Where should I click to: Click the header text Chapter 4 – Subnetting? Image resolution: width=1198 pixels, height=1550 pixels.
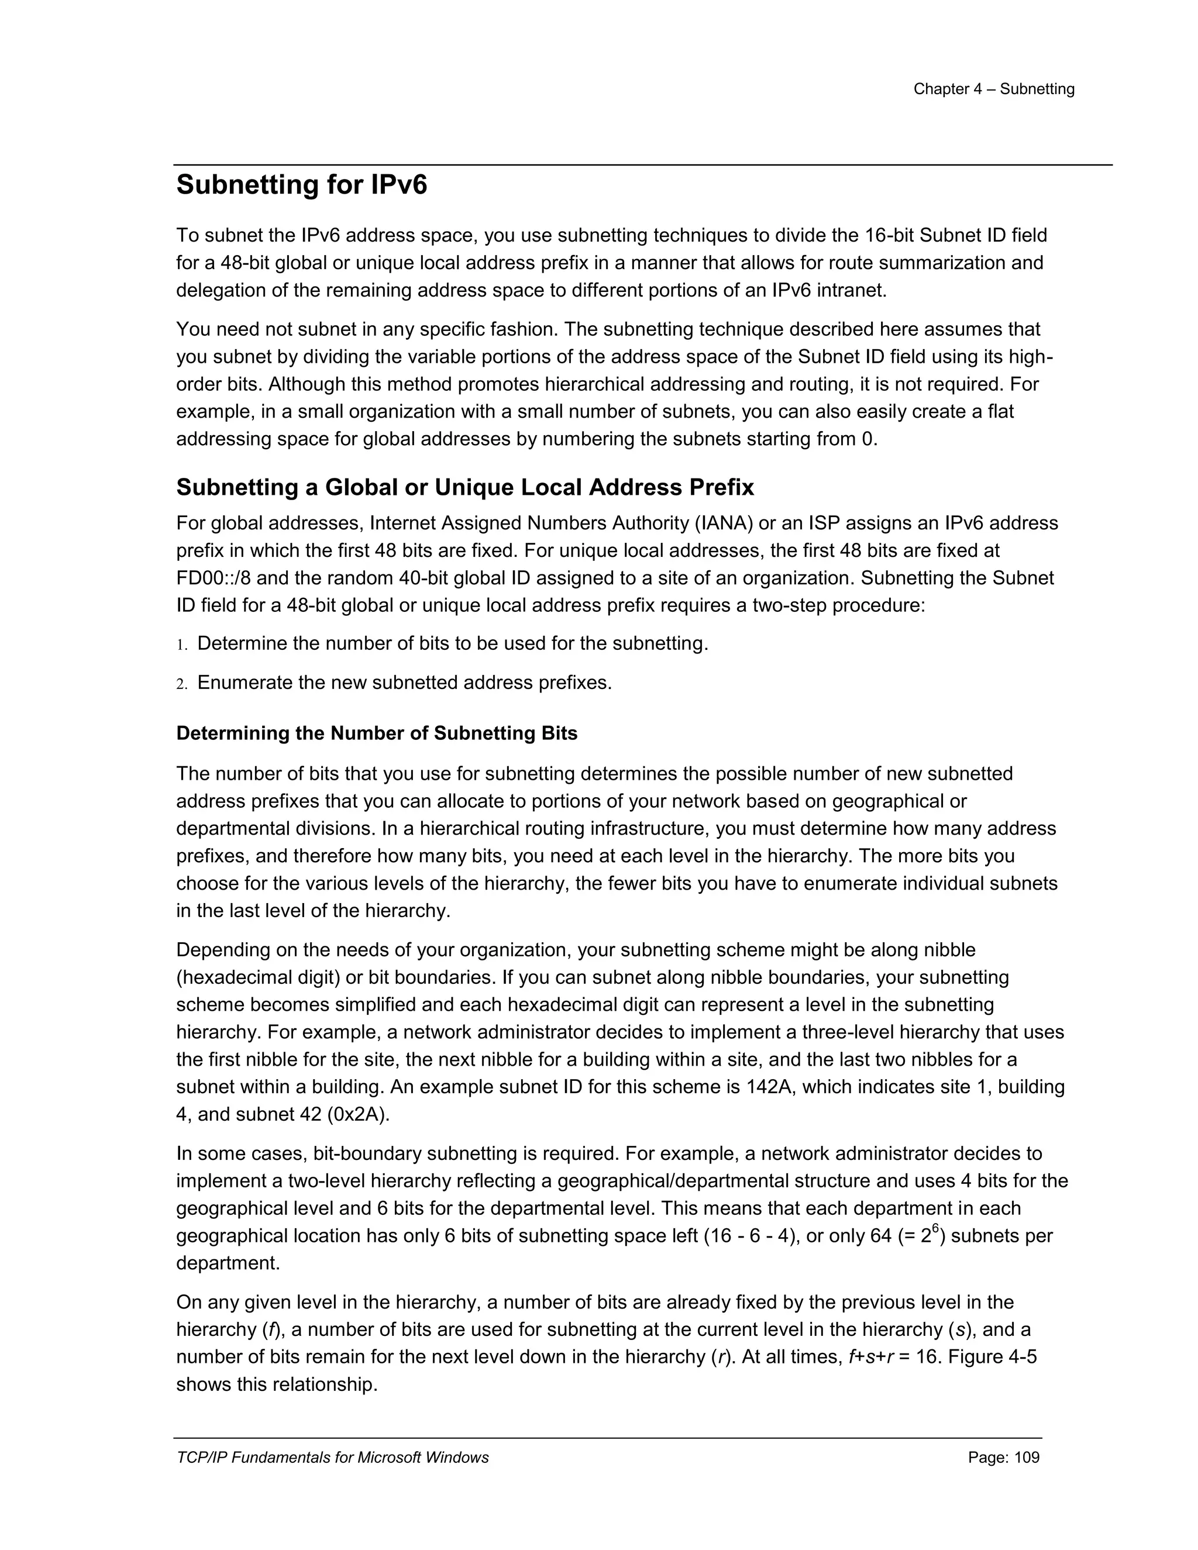[x=994, y=89]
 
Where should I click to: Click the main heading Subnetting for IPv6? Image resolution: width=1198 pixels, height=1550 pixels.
[x=302, y=185]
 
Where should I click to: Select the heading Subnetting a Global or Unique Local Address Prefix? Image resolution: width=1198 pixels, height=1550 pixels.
[x=465, y=488]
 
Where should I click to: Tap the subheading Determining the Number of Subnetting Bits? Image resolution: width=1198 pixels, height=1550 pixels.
[x=376, y=733]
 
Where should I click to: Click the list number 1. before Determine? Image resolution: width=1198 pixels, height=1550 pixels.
[x=182, y=645]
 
